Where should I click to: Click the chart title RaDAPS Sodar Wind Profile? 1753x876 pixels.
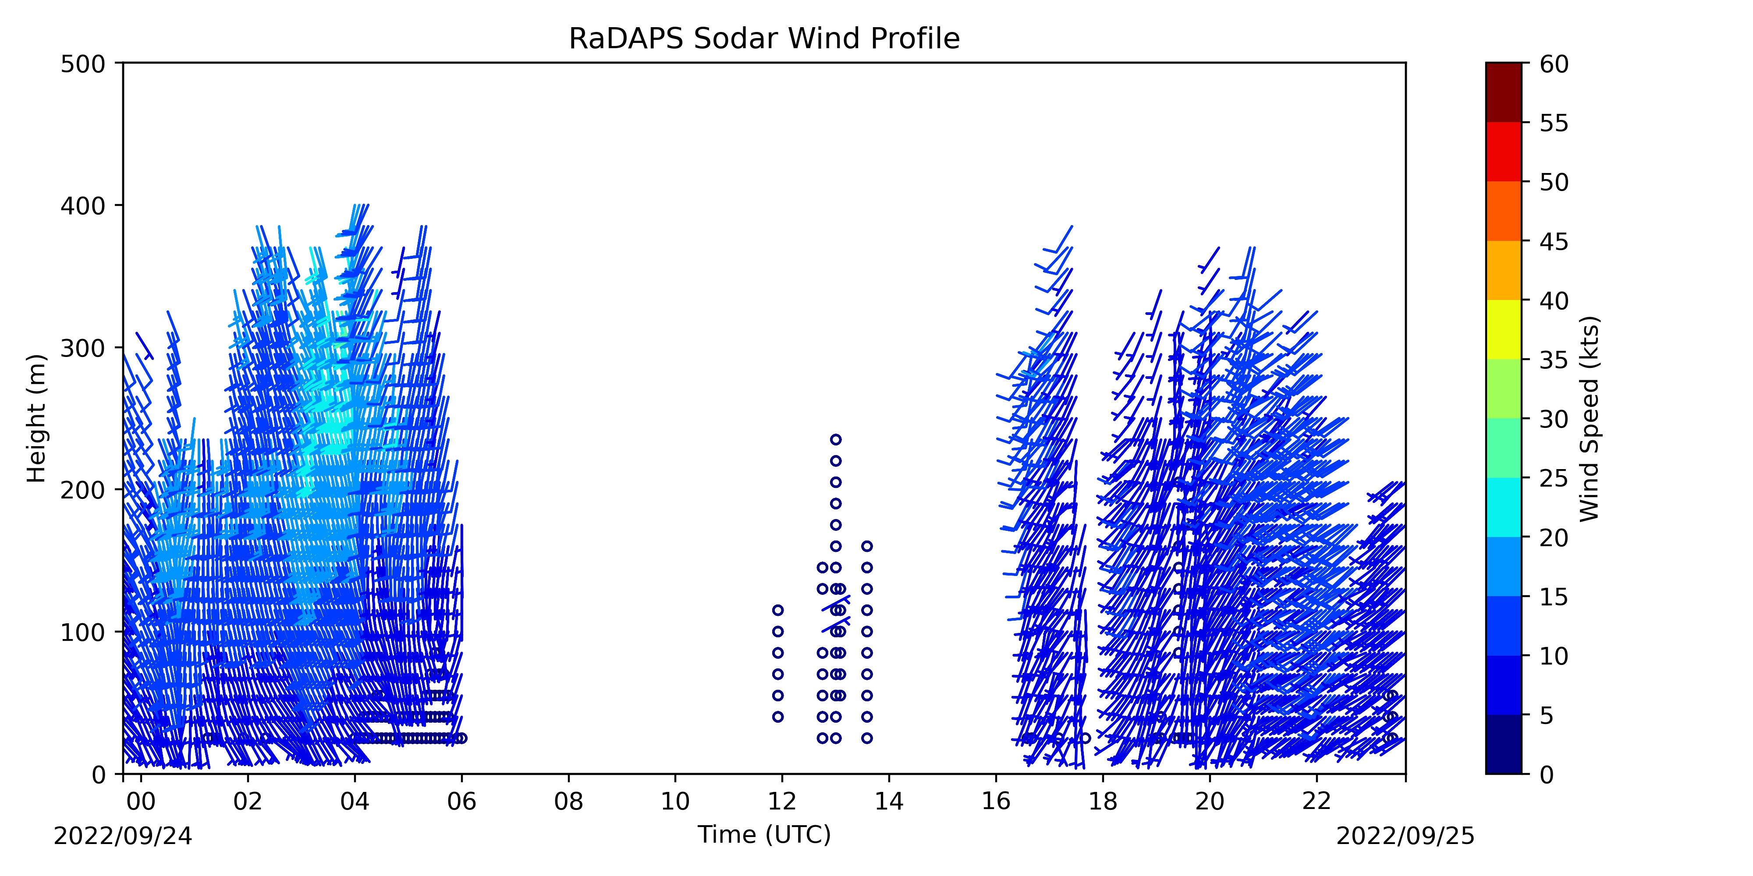(x=764, y=39)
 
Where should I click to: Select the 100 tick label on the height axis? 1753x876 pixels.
(x=82, y=632)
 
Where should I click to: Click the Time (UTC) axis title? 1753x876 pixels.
(x=764, y=834)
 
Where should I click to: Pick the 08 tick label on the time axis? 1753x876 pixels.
(x=568, y=802)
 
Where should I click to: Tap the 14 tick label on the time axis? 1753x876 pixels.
(x=889, y=802)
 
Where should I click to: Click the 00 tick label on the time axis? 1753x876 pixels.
(x=141, y=802)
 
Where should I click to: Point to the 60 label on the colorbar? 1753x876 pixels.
(x=1554, y=64)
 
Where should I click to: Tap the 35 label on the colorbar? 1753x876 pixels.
(x=1554, y=360)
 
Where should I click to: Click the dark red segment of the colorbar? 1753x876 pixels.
(x=1503, y=92)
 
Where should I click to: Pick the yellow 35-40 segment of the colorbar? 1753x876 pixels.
(x=1503, y=329)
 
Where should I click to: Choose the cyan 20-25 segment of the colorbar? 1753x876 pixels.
(x=1503, y=507)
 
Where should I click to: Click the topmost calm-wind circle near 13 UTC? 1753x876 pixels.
(x=836, y=439)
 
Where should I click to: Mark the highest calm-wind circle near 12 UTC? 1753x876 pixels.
(x=778, y=610)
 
